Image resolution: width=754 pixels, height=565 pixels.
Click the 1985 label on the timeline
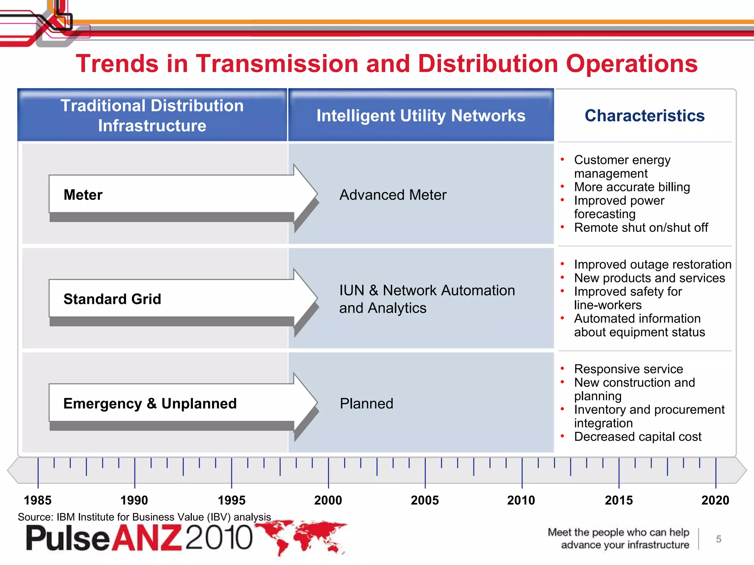[38, 500]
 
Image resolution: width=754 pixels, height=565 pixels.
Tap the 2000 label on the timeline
[328, 500]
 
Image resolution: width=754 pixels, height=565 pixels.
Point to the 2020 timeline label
[715, 500]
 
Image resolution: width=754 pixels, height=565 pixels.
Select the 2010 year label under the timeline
[521, 500]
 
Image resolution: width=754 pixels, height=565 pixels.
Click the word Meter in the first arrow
[83, 195]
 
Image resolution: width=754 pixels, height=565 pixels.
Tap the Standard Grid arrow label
[112, 299]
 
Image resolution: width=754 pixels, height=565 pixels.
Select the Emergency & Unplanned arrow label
[150, 404]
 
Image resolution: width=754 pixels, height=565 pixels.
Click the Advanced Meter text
[393, 195]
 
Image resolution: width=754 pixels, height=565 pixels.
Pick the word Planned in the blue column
[366, 404]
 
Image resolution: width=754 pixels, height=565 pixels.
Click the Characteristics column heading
[645, 116]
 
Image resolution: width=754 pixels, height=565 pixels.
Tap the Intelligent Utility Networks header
[421, 116]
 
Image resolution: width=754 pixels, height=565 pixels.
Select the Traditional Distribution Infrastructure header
[152, 116]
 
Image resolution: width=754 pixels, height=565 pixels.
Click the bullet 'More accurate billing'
[632, 187]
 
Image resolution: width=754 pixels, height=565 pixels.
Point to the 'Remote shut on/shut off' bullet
[641, 228]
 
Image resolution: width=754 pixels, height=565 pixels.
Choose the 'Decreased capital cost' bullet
[638, 437]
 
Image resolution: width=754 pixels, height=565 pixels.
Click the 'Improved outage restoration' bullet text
[652, 264]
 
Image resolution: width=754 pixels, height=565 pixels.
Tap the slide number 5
[718, 539]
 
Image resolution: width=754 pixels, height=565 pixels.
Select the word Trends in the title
[117, 64]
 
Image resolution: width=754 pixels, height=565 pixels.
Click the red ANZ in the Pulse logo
[147, 538]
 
